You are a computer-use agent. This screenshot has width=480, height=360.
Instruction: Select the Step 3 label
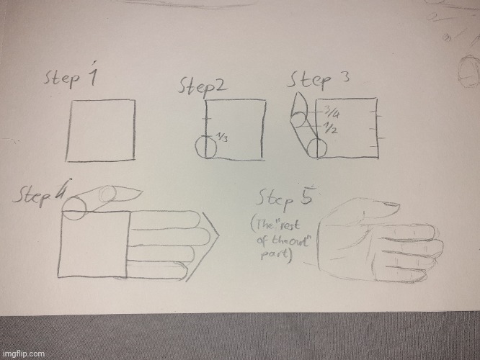coord(320,78)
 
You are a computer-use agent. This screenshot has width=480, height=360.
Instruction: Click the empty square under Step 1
coord(101,131)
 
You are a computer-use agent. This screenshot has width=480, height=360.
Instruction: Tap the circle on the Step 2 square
coord(206,146)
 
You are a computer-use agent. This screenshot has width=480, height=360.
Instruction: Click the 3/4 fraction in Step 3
coord(332,112)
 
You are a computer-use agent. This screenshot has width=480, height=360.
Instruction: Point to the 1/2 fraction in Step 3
coord(332,130)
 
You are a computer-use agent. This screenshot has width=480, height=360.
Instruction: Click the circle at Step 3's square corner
coord(317,149)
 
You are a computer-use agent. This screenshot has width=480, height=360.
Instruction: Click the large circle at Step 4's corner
coord(74,207)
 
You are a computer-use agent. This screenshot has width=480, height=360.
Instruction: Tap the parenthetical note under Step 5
coord(282,242)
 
